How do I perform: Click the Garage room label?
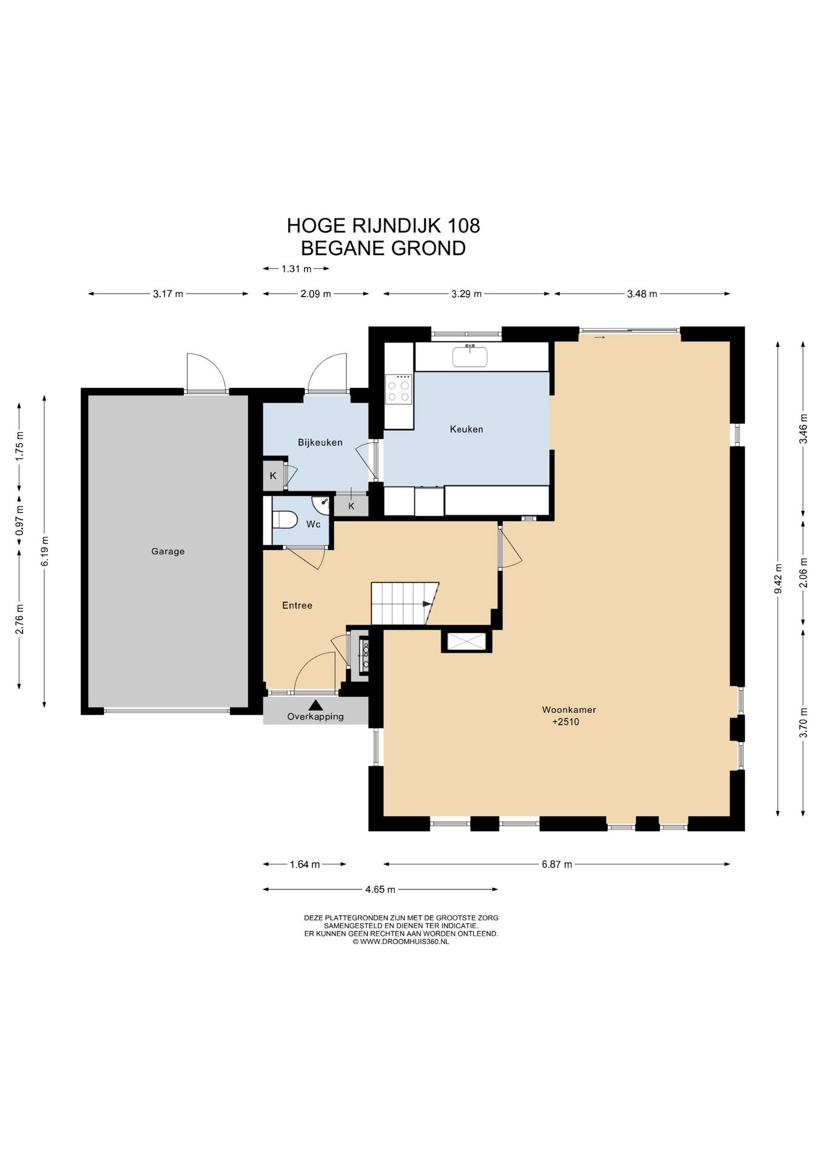(168, 551)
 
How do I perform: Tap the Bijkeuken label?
(320, 442)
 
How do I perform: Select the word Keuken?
(466, 429)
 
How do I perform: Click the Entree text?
(297, 605)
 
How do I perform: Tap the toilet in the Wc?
(284, 520)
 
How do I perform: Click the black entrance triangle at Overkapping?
(315, 705)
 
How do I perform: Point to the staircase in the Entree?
(404, 603)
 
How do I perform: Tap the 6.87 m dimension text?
(557, 864)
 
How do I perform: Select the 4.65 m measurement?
(380, 889)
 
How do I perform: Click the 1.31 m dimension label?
(297, 269)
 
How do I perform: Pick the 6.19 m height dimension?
(45, 551)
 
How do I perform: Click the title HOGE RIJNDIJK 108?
(383, 226)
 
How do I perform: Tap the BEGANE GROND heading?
(383, 248)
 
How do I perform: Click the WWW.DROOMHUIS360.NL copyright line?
(401, 942)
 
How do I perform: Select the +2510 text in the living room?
(566, 722)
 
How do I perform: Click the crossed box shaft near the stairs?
(466, 641)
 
